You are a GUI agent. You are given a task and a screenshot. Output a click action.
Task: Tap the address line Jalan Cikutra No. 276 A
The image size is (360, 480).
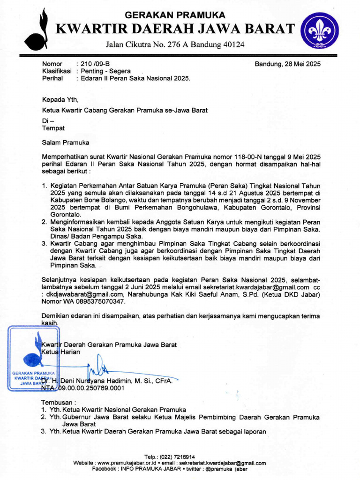[x=175, y=45]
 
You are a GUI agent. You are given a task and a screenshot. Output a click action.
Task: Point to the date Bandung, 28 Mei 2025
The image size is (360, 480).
[x=287, y=64]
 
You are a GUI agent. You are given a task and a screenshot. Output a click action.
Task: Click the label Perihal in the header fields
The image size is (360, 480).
[x=52, y=78]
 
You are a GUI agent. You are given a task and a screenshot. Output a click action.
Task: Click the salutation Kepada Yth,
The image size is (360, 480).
[x=58, y=99]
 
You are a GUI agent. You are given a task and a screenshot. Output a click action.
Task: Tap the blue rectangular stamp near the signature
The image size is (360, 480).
[x=32, y=358]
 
